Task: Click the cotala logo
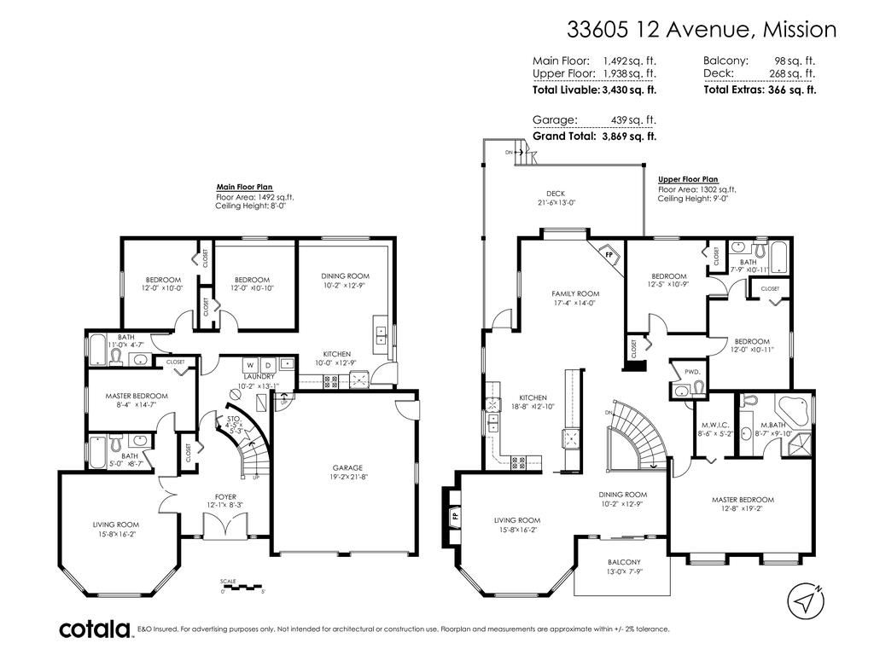tap(95, 629)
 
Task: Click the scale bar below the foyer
tap(242, 585)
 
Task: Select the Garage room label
tap(347, 468)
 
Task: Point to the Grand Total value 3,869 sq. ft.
tap(629, 136)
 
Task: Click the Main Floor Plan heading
tap(245, 187)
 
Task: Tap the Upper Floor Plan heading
tap(688, 179)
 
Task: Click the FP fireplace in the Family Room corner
tap(609, 254)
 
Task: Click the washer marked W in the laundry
tap(250, 365)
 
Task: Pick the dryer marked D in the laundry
tap(268, 365)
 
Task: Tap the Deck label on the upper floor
tap(556, 194)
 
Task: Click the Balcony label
tap(624, 562)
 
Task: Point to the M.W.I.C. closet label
tap(716, 425)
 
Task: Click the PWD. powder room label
tap(692, 372)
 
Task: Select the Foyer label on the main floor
tap(225, 497)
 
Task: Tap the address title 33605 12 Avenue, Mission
tap(702, 29)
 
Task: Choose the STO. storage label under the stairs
tap(234, 418)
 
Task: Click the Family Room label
tap(576, 293)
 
